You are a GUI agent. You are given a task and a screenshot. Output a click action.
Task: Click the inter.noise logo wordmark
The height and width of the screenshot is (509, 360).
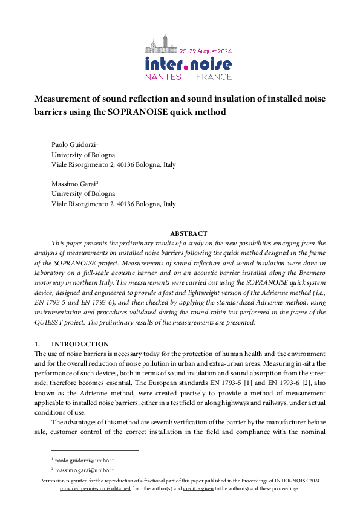(188, 64)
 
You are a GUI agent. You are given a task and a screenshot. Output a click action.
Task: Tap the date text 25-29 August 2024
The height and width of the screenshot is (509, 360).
(206, 51)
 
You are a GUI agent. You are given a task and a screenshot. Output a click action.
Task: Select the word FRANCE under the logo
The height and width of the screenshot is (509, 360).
(213, 77)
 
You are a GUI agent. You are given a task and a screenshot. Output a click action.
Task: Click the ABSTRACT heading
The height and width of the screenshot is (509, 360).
(188, 233)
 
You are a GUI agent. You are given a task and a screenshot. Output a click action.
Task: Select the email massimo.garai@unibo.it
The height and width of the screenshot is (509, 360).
(85, 470)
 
